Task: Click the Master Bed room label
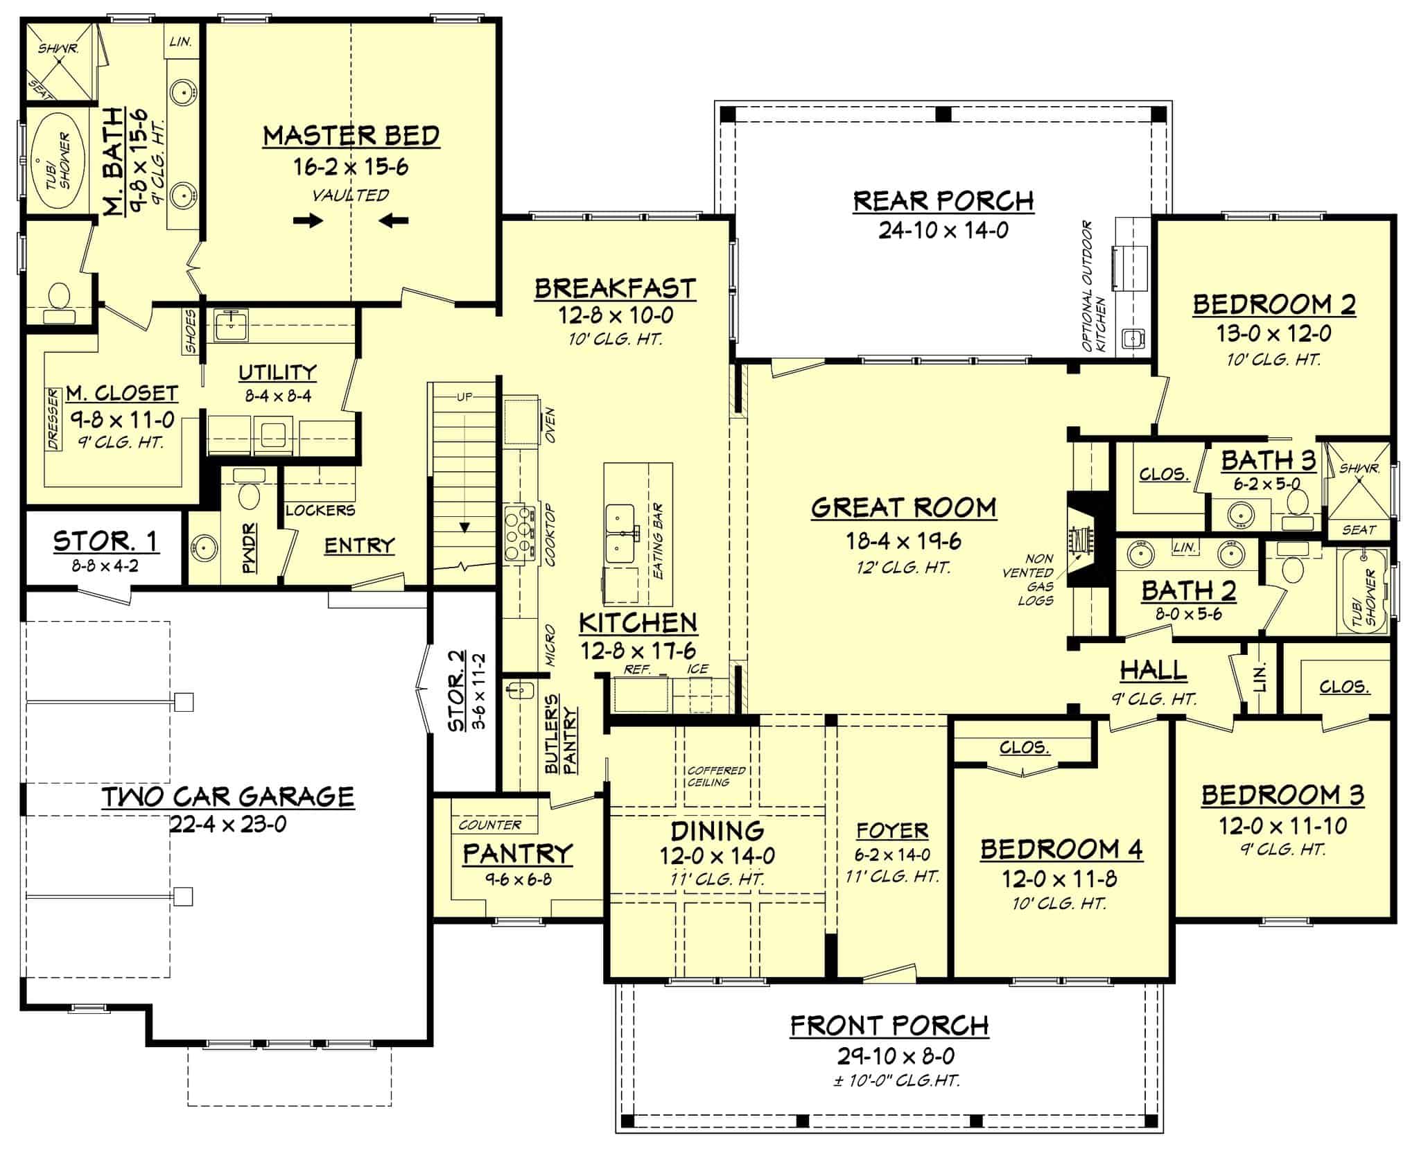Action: click(351, 136)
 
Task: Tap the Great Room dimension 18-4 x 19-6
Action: click(903, 541)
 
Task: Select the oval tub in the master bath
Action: click(58, 161)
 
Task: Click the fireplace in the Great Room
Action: click(1081, 540)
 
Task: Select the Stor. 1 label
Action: click(105, 541)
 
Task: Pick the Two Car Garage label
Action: click(228, 796)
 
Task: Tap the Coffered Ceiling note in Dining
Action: click(716, 775)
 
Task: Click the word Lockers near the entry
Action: click(320, 510)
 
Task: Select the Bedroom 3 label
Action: click(1282, 795)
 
